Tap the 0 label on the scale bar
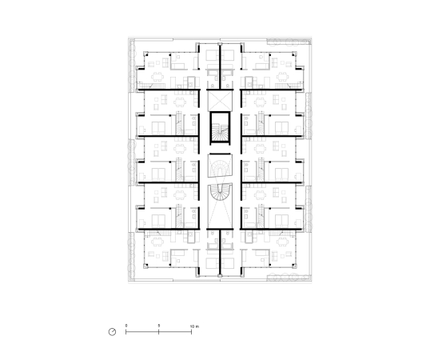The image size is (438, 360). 126,326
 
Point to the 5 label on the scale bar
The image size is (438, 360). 159,326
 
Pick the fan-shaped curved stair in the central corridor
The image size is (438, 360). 219,165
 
